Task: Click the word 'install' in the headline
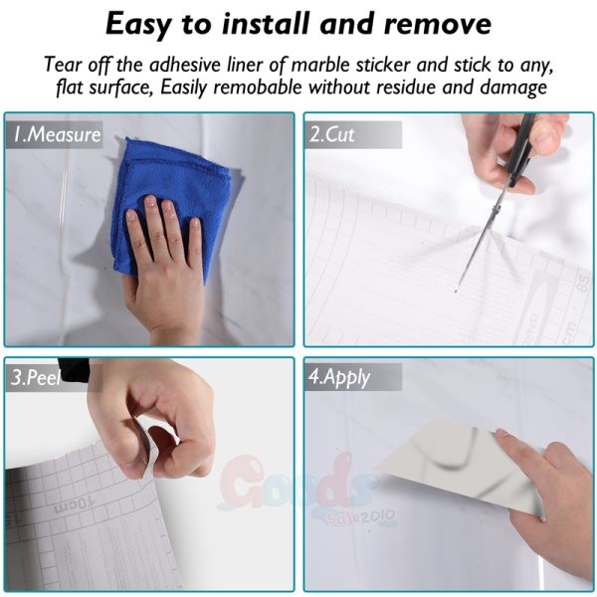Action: [266, 24]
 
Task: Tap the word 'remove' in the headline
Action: [438, 24]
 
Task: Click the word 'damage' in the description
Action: [513, 89]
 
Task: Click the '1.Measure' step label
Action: [57, 134]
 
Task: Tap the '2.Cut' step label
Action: [332, 134]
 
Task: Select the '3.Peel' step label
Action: [35, 377]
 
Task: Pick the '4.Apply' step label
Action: [339, 377]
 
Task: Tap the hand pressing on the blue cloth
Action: [164, 267]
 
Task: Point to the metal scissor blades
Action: [481, 244]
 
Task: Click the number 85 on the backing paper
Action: [583, 283]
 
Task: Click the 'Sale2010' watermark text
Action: [360, 516]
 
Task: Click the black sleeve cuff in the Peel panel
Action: [75, 369]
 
